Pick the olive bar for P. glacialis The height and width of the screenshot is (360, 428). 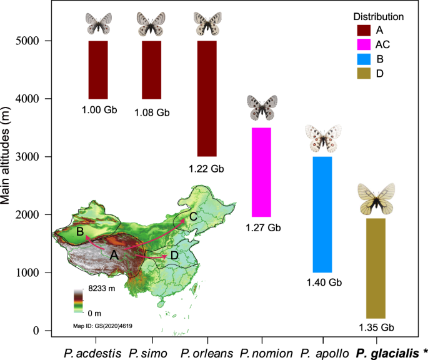click(375, 268)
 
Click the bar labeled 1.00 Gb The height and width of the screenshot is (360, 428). click(99, 69)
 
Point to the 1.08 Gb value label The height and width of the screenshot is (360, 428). click(152, 112)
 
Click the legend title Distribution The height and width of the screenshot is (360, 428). click(378, 16)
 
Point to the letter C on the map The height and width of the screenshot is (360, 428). click(193, 216)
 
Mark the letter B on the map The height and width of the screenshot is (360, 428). click(80, 232)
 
